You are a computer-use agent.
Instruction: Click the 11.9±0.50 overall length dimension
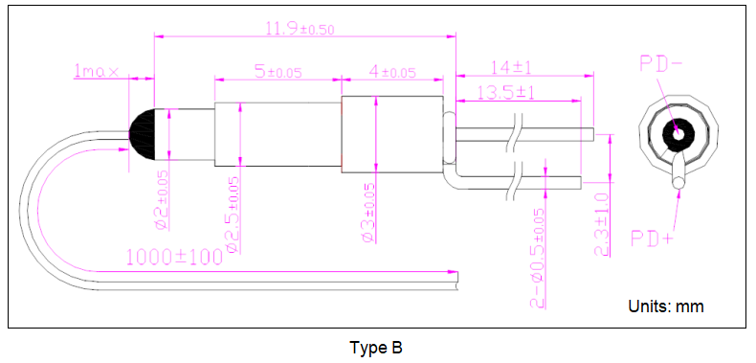pyautogui.click(x=300, y=29)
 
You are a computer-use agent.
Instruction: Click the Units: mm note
pyautogui.click(x=665, y=306)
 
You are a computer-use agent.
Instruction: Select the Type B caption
pyautogui.click(x=377, y=347)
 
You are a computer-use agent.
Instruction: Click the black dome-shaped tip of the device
pyautogui.click(x=146, y=133)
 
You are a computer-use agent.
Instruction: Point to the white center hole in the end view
pyautogui.click(x=678, y=132)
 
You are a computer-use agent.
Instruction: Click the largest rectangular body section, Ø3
pyautogui.click(x=392, y=134)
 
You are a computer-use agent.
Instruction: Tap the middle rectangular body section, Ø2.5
pyautogui.click(x=278, y=134)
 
